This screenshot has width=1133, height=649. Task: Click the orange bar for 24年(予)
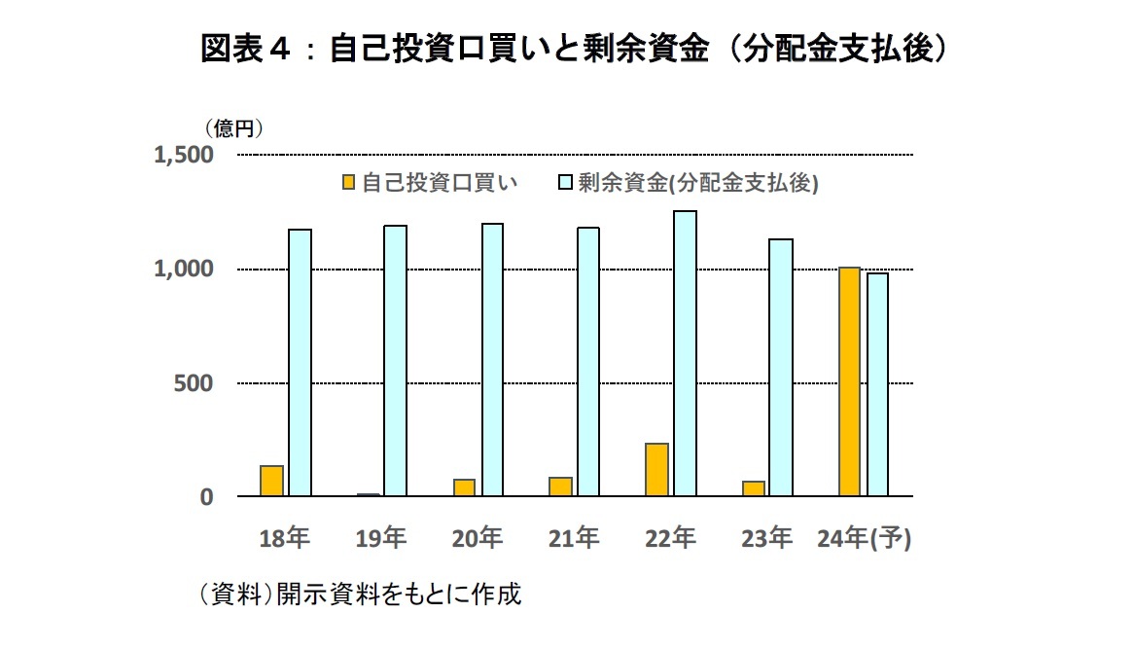point(850,381)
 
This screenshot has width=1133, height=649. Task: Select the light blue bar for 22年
point(685,354)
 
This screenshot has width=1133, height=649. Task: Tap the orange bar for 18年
point(272,481)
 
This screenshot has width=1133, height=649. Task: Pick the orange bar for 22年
point(657,470)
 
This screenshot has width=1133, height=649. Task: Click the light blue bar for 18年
point(300,363)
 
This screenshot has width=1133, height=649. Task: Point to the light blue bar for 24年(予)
point(877,384)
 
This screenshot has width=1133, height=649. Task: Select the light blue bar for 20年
point(492,360)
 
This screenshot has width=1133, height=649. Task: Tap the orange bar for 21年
point(561,487)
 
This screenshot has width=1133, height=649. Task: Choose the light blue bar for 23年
point(781,368)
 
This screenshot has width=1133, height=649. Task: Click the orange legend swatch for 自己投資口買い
point(348,183)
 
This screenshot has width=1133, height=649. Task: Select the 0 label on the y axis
point(206,497)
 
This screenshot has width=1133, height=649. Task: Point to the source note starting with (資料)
point(360,595)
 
